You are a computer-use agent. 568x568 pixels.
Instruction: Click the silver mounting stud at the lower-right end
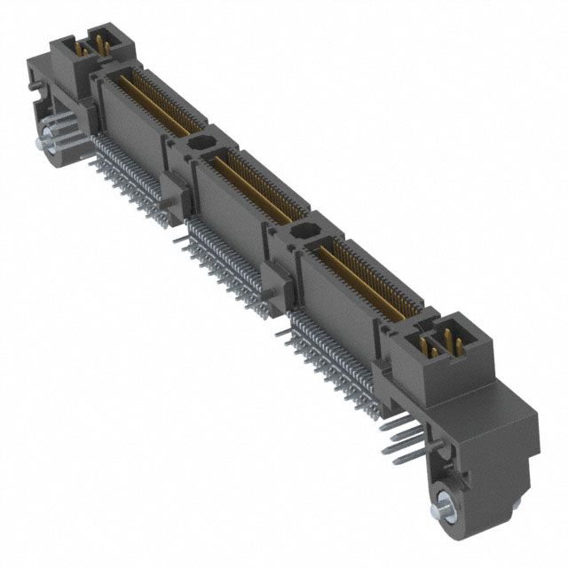coord(441,512)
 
